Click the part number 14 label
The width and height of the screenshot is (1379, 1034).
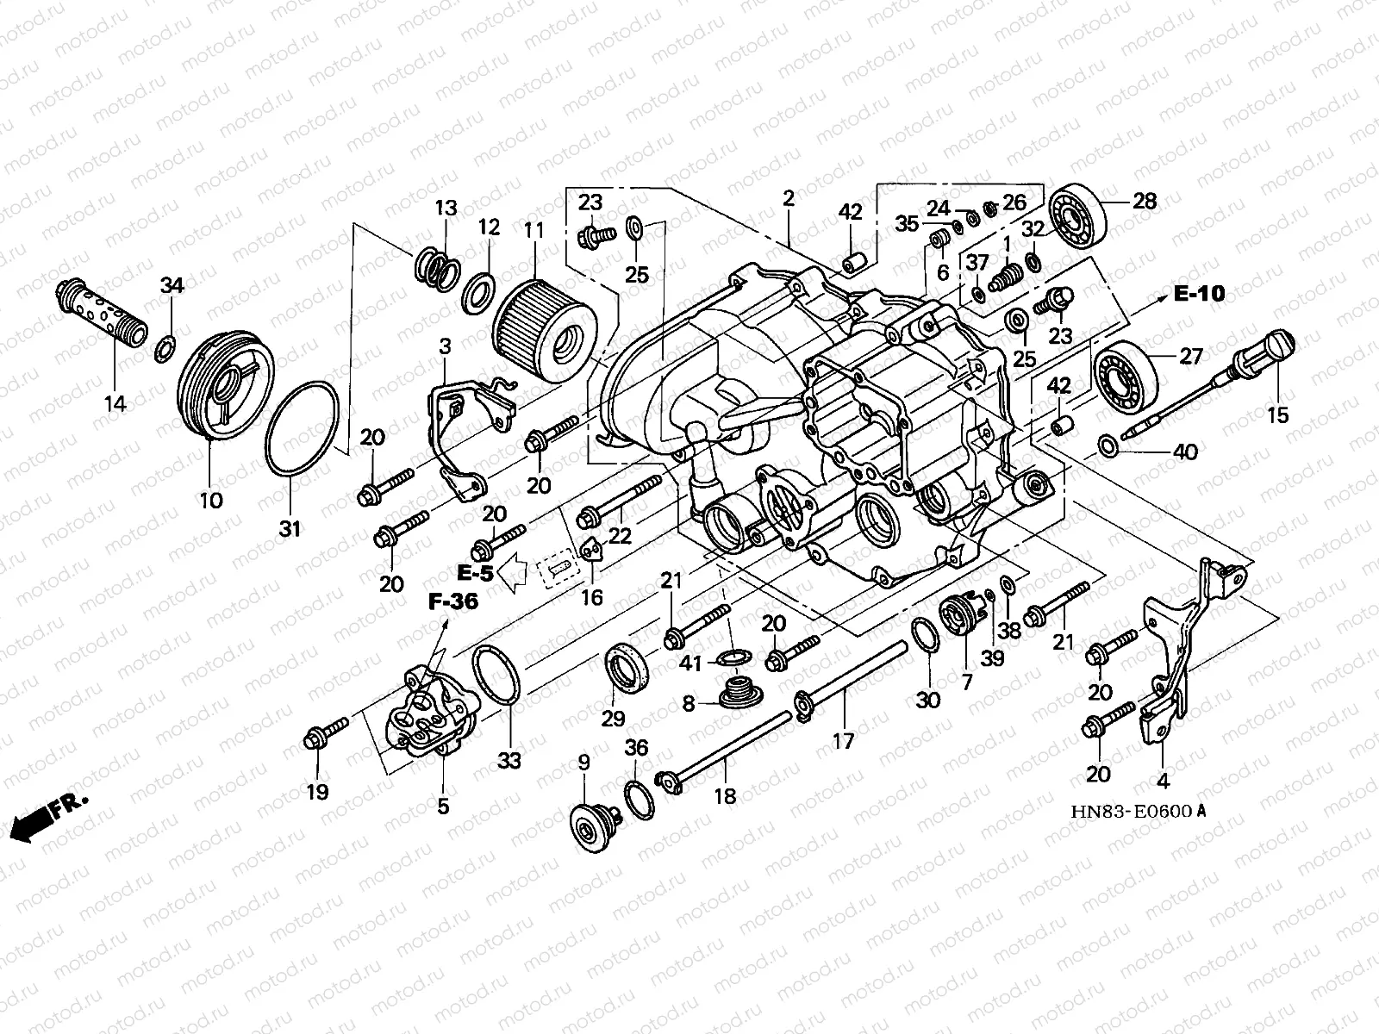tap(115, 402)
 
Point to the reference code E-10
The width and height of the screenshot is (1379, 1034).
tap(1198, 294)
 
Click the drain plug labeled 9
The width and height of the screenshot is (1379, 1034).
tap(591, 826)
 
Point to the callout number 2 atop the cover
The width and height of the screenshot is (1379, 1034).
tap(788, 199)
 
